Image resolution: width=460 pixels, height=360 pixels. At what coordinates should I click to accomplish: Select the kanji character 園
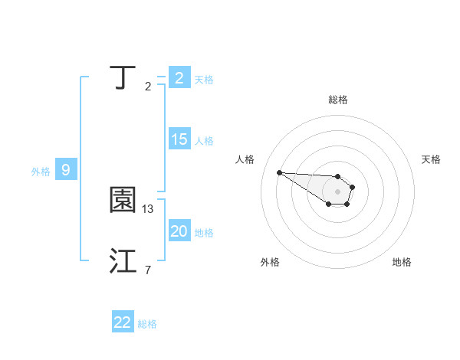point(123,201)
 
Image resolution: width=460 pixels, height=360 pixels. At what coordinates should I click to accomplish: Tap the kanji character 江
point(123,261)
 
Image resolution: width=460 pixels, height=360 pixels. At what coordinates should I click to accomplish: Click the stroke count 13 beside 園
point(149,208)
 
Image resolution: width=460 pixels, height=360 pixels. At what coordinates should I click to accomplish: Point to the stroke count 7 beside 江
point(147,269)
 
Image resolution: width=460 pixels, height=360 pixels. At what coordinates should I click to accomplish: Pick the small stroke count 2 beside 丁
point(148,87)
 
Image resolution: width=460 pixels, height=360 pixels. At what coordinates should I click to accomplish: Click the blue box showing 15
point(179,139)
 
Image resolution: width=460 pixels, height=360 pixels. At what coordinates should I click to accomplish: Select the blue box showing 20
point(179,231)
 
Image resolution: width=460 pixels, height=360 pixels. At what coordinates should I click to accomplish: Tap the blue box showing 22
point(123,322)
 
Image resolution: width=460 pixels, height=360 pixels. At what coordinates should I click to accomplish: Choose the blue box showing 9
point(66,170)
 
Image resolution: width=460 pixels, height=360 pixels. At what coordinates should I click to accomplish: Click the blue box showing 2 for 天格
point(179,78)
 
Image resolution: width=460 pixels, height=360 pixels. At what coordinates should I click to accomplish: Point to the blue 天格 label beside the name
point(204,79)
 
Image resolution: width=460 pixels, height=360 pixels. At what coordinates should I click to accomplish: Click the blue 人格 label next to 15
point(204,140)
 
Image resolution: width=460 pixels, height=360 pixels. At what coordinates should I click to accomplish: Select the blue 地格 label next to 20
point(204,232)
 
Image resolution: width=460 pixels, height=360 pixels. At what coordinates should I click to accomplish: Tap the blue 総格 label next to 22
point(148,323)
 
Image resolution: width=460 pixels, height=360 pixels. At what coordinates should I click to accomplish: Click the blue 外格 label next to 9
point(41,171)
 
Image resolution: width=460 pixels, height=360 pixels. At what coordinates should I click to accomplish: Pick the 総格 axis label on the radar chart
point(338,100)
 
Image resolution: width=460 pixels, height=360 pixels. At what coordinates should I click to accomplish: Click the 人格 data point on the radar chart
point(280,172)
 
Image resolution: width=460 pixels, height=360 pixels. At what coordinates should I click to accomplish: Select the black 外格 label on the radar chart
point(270,262)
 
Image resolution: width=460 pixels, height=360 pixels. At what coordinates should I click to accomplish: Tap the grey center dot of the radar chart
point(337,191)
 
